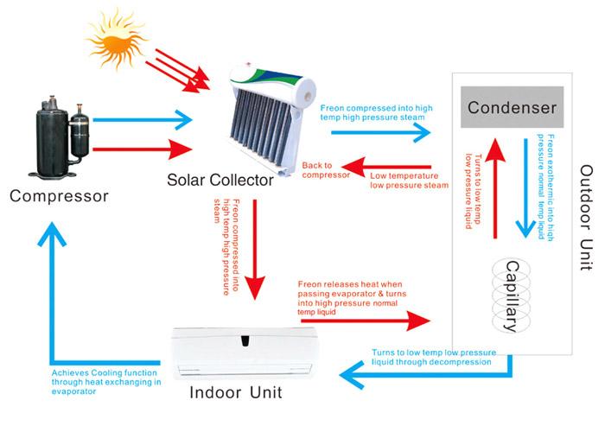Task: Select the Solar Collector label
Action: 221,181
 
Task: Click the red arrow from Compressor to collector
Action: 142,149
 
